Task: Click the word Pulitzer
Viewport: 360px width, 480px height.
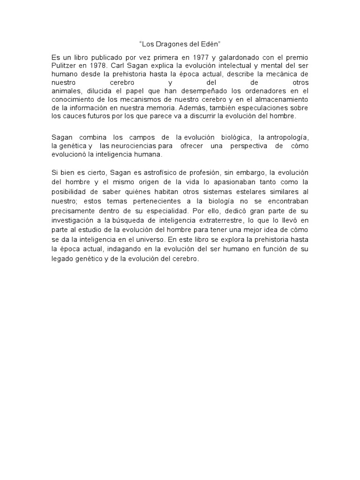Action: tap(66, 66)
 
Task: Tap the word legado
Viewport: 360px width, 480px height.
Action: tap(64, 259)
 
